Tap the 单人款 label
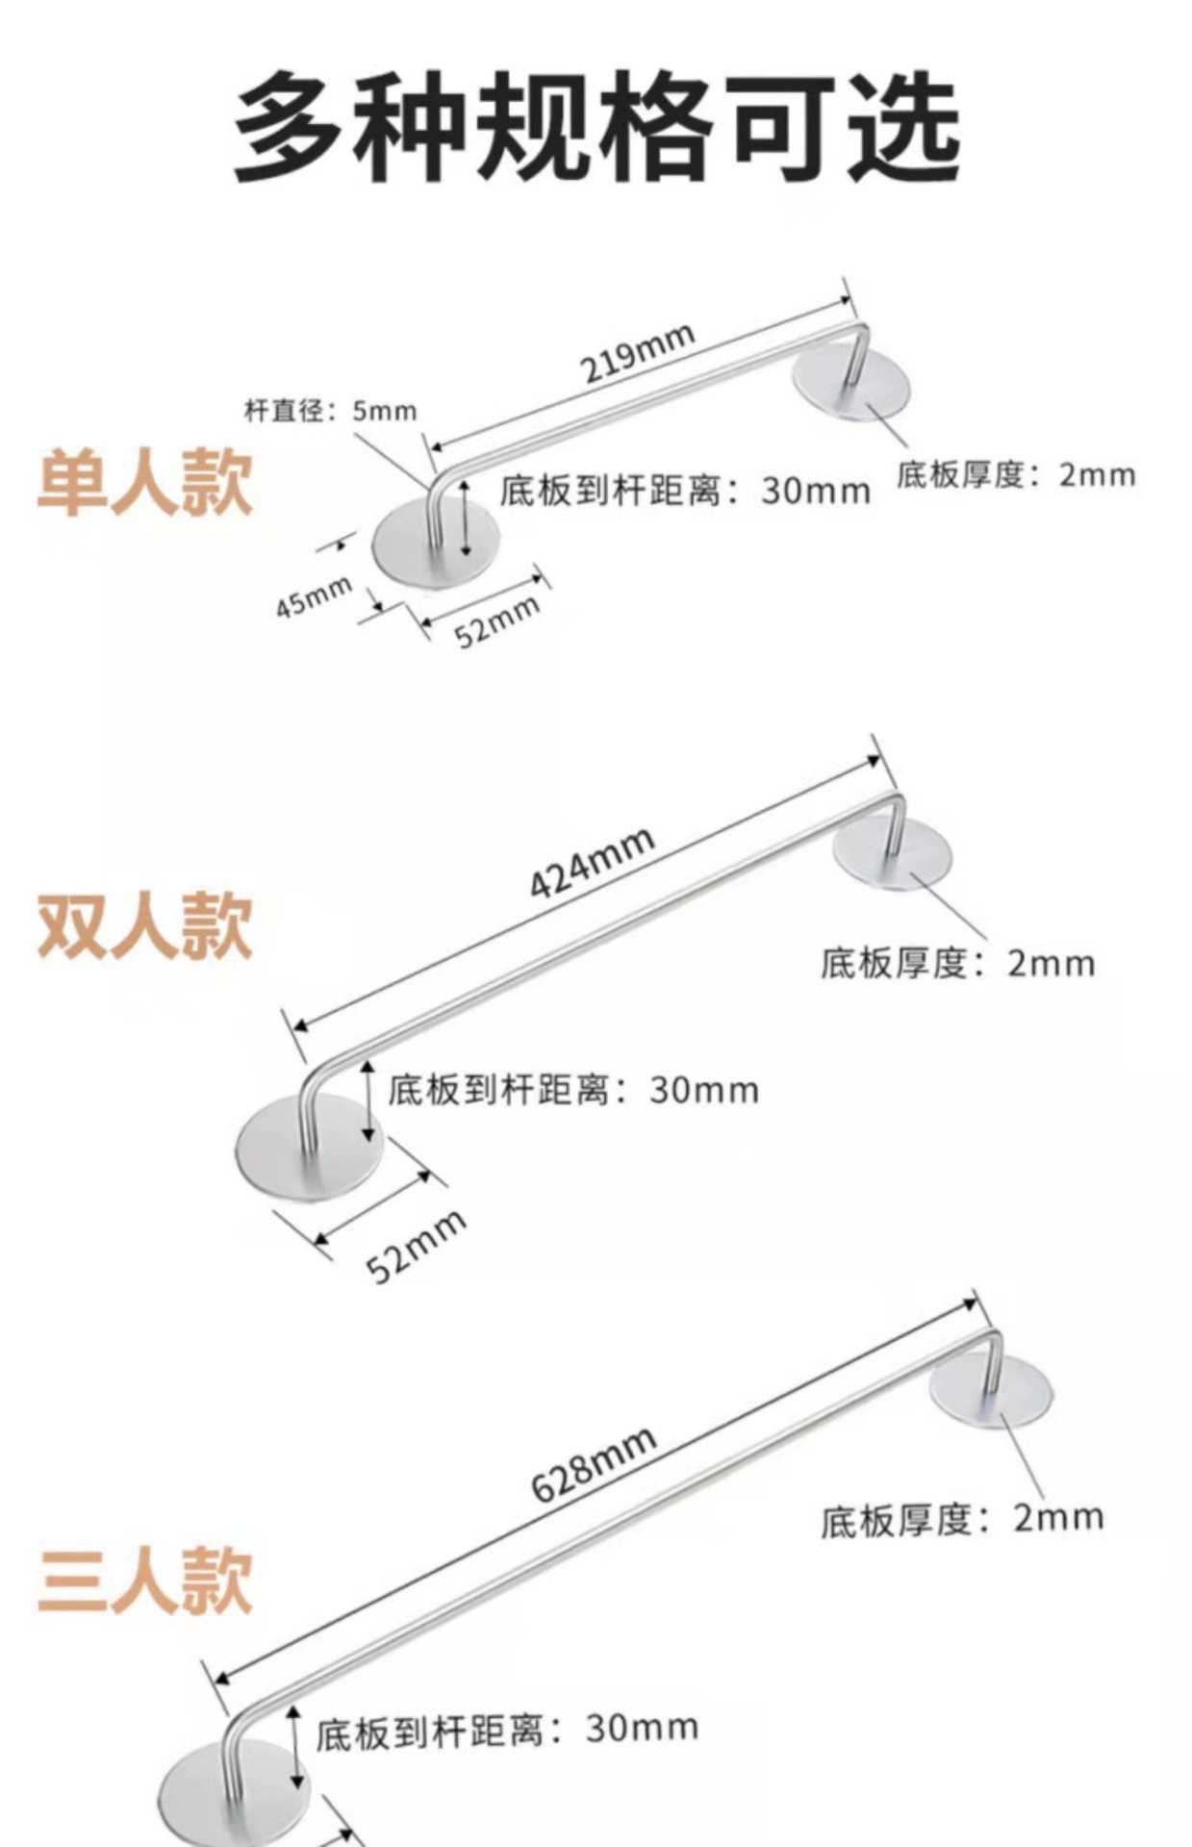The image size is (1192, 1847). point(144,482)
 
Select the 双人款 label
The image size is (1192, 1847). point(144,924)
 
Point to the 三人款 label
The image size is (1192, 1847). point(144,1581)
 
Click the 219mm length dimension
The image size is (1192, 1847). point(637,353)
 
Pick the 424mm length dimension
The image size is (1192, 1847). point(593,862)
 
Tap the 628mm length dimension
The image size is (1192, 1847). point(594,1463)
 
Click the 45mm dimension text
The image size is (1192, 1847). point(314,597)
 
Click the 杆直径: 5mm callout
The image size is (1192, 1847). point(331,412)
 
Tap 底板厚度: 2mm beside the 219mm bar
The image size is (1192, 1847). point(1016,475)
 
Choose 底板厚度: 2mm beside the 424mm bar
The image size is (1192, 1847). point(957,963)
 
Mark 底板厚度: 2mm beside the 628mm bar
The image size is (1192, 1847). point(961,1519)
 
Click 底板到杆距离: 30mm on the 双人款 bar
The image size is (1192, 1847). point(573,1090)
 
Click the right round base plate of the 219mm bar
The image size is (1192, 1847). point(851,383)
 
